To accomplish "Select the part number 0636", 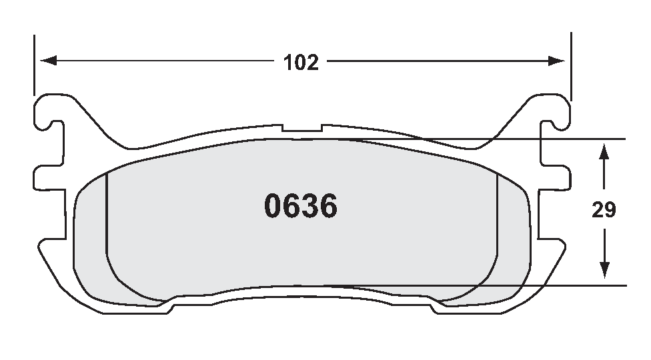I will [301, 207].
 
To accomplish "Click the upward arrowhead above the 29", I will [604, 151].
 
